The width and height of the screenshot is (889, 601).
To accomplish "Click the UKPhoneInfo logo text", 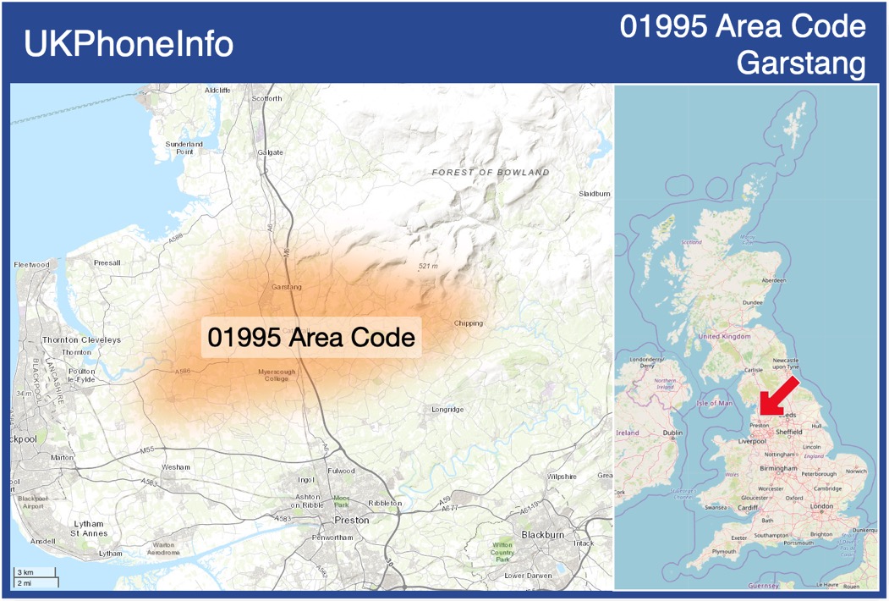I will coord(129,44).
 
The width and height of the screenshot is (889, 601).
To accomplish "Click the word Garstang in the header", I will coord(801,63).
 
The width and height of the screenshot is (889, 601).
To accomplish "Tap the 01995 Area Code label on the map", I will coord(311,338).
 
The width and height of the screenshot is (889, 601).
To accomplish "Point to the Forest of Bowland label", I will coord(491,173).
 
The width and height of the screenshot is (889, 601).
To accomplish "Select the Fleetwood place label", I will coord(32,265).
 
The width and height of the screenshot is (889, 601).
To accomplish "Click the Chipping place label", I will coord(468,323).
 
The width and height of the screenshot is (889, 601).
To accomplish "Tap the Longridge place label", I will coord(447,410).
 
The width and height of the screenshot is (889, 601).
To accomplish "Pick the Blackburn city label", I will coord(542,535).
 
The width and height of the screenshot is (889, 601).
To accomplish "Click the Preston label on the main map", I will coord(352,520).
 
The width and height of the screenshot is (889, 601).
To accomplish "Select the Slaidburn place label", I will coord(595,194).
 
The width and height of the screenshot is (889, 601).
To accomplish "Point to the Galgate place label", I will coord(270,152).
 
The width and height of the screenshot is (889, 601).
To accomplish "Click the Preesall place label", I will coord(107,263).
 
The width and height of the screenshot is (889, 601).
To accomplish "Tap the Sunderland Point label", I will coord(184,148).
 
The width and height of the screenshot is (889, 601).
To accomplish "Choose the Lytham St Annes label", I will coord(88,529).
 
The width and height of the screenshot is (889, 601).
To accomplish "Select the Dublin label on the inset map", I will coord(672,433).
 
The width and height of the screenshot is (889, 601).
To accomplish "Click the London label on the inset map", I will coord(821,506).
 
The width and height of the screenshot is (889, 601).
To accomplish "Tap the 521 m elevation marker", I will coord(428,267).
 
